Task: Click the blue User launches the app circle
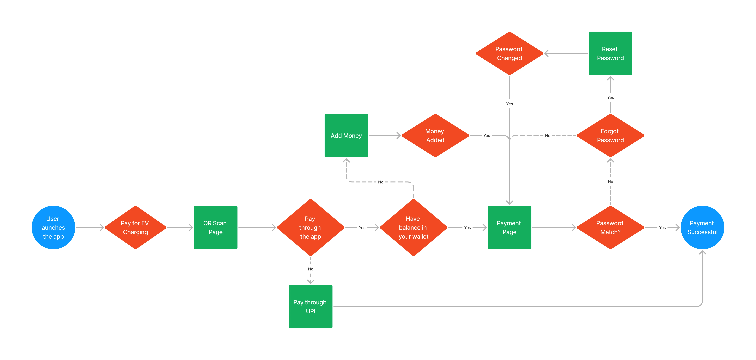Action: [53, 227]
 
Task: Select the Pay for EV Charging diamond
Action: [135, 227]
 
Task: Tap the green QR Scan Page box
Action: [215, 227]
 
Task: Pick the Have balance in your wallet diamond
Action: [413, 227]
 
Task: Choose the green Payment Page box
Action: [509, 227]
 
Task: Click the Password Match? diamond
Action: [610, 227]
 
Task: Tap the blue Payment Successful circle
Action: [702, 227]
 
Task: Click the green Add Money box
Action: [346, 135]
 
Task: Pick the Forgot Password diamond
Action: [610, 135]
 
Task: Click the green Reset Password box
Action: [610, 53]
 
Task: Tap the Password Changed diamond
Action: [509, 53]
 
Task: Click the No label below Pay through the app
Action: [310, 269]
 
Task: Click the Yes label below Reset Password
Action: [610, 97]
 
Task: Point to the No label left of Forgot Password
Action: [547, 135]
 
